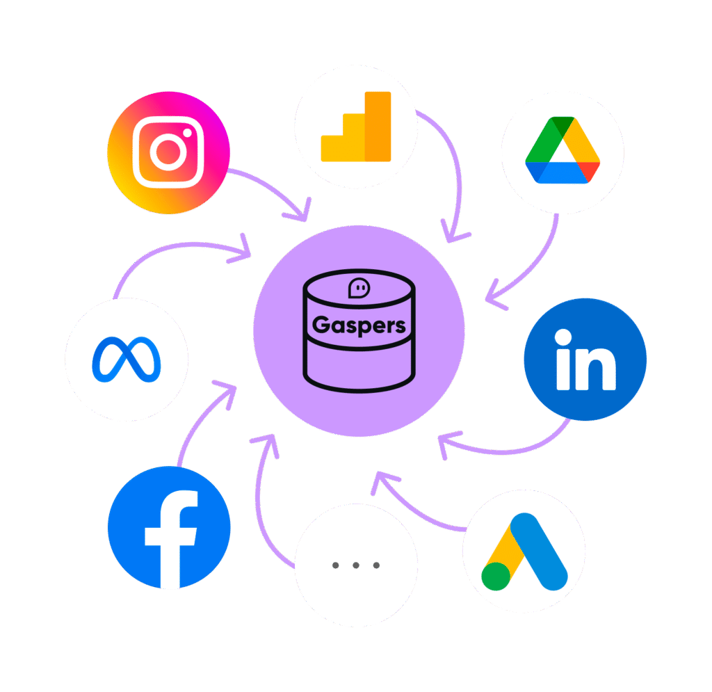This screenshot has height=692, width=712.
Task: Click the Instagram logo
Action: pos(168,152)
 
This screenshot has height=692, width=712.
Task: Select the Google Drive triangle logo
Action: pos(562,152)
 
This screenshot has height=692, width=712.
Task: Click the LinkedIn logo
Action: pos(585,360)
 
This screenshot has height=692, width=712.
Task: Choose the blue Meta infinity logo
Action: pos(127,359)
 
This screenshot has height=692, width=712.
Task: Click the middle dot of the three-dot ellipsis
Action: pos(356,565)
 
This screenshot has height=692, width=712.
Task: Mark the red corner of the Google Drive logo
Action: pos(590,171)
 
